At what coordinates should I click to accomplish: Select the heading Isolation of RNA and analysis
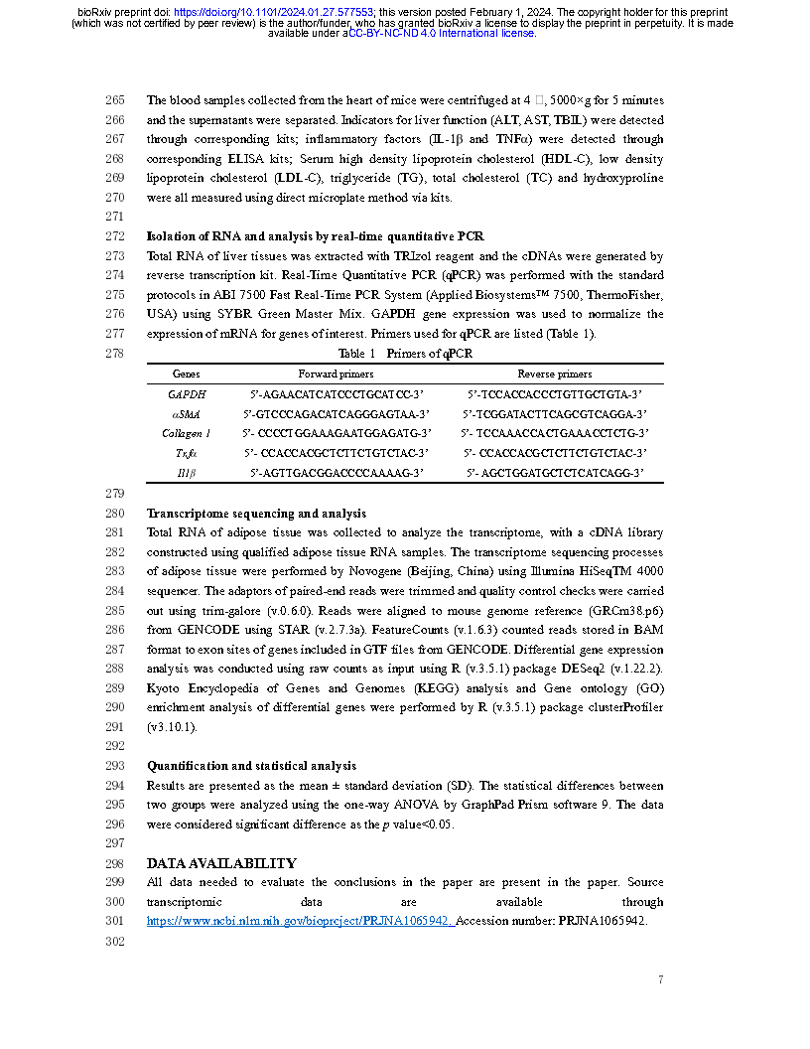click(x=315, y=236)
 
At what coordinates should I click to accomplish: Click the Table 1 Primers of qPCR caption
click(x=405, y=354)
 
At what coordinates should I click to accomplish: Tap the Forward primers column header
click(x=336, y=375)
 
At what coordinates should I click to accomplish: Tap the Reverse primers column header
click(x=554, y=375)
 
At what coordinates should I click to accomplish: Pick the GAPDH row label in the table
click(x=186, y=394)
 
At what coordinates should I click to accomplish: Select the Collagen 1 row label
click(x=186, y=433)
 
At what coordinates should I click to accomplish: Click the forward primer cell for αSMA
click(x=336, y=414)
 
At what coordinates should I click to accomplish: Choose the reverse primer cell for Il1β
click(x=555, y=474)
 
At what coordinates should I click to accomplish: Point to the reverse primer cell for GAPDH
click(x=555, y=394)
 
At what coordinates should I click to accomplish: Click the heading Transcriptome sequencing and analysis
click(x=256, y=514)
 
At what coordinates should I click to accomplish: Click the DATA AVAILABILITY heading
click(x=220, y=863)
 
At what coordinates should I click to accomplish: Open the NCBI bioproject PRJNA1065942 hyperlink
click(x=300, y=921)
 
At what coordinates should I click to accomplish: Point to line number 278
click(x=114, y=354)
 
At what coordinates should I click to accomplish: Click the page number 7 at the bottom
click(x=660, y=980)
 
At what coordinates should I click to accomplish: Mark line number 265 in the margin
click(x=114, y=100)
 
